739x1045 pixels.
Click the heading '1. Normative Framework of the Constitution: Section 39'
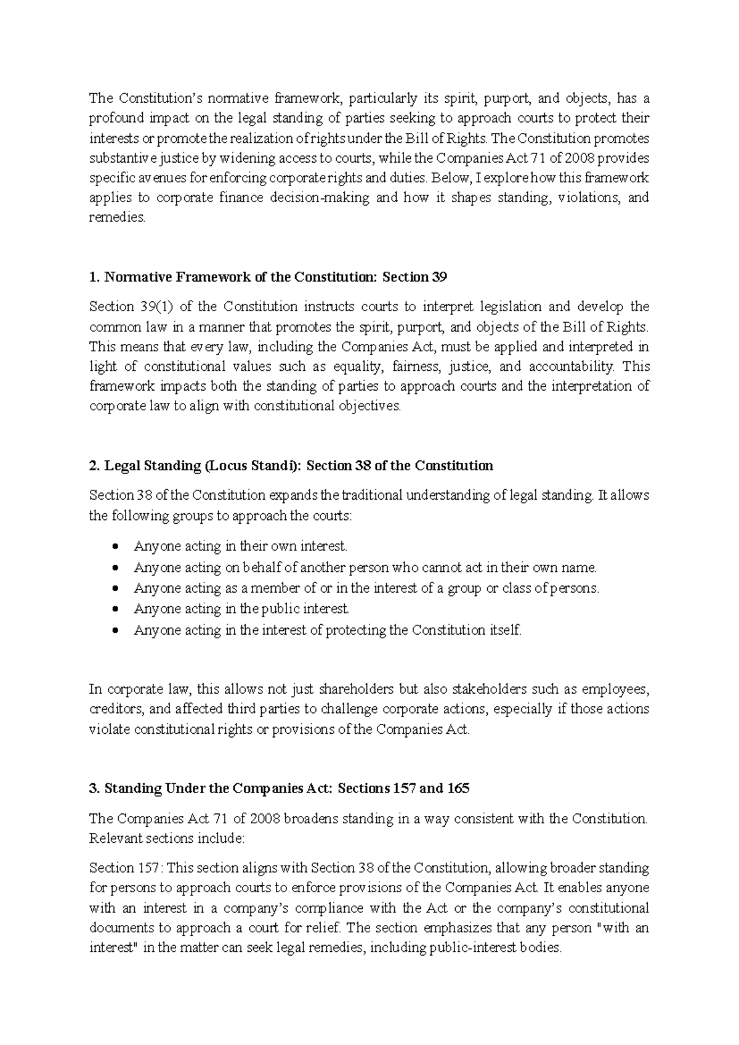tap(268, 277)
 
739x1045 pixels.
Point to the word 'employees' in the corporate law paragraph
tap(615, 689)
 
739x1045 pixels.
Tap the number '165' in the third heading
tap(458, 789)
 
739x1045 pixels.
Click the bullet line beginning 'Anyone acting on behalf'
tap(365, 567)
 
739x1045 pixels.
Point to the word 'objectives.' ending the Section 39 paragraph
tap(370, 407)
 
